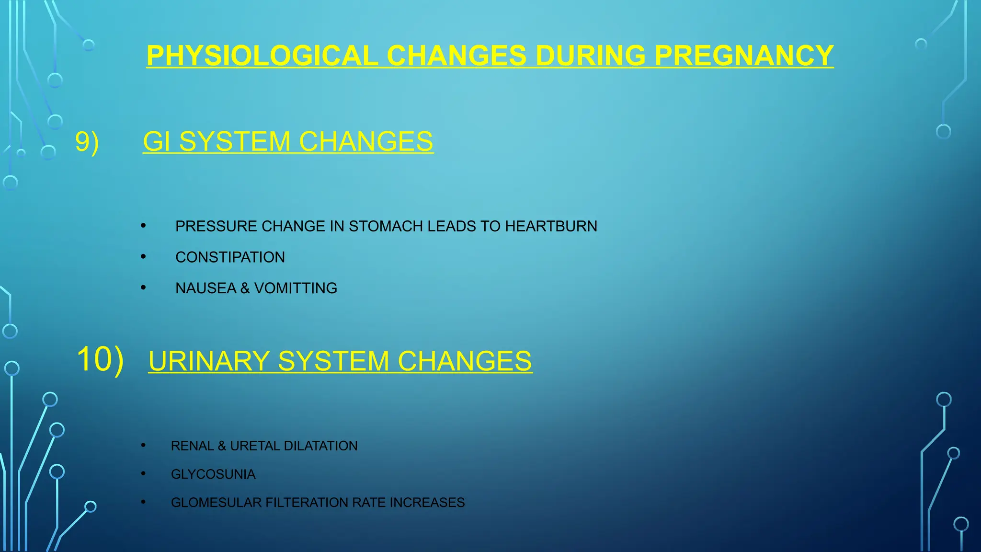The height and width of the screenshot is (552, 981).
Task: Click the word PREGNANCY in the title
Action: pos(744,56)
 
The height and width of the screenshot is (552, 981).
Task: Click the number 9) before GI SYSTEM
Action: pos(87,142)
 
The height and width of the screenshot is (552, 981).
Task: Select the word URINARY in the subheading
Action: pos(209,361)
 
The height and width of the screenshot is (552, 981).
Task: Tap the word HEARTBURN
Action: pos(551,226)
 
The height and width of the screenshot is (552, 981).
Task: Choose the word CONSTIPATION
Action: pos(230,257)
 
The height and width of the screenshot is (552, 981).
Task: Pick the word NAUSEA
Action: pos(206,288)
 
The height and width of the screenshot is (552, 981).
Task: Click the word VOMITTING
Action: pos(296,288)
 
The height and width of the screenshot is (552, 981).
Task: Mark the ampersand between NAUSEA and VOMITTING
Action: pos(245,288)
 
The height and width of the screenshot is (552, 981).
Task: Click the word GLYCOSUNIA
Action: pos(213,474)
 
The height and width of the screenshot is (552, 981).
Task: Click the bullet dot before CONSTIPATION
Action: pos(143,257)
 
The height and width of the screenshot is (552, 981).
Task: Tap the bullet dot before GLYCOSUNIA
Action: pos(143,474)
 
